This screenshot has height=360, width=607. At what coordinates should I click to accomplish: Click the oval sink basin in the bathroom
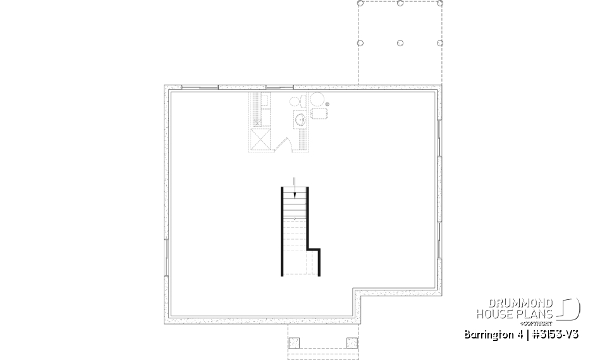tap(300, 118)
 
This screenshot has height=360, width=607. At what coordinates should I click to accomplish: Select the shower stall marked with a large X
tap(261, 139)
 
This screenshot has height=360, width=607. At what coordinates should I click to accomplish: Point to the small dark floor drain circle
tap(328, 104)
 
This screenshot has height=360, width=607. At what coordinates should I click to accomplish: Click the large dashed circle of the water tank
tap(317, 100)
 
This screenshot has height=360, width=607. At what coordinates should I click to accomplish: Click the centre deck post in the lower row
tap(400, 43)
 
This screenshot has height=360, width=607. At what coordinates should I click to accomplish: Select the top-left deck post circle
tap(360, 3)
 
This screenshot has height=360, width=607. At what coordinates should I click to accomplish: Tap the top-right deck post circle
tap(439, 3)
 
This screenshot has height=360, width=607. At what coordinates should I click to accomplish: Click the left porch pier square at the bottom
tap(293, 343)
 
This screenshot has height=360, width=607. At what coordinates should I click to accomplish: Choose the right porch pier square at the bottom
tap(352, 343)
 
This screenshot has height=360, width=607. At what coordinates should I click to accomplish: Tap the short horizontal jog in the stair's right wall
tap(314, 249)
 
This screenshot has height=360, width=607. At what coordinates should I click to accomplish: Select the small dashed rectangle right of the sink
tap(321, 114)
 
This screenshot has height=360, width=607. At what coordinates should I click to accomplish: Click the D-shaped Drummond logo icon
tap(570, 309)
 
